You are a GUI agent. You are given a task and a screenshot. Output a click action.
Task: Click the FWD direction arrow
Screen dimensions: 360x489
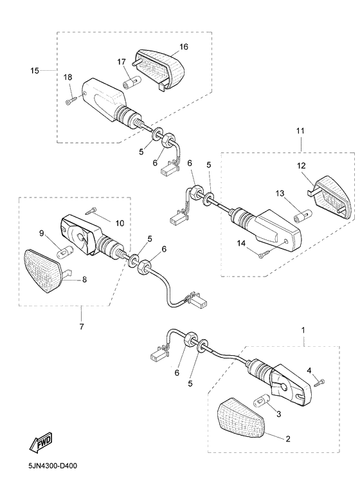40,443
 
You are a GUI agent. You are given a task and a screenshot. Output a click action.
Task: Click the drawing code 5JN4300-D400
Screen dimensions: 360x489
52,466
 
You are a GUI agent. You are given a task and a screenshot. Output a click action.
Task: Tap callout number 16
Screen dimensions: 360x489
184,46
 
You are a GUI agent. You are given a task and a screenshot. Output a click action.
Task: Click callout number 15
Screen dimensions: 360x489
35,71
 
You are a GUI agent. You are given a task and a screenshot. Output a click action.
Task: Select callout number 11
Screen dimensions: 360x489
300,131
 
